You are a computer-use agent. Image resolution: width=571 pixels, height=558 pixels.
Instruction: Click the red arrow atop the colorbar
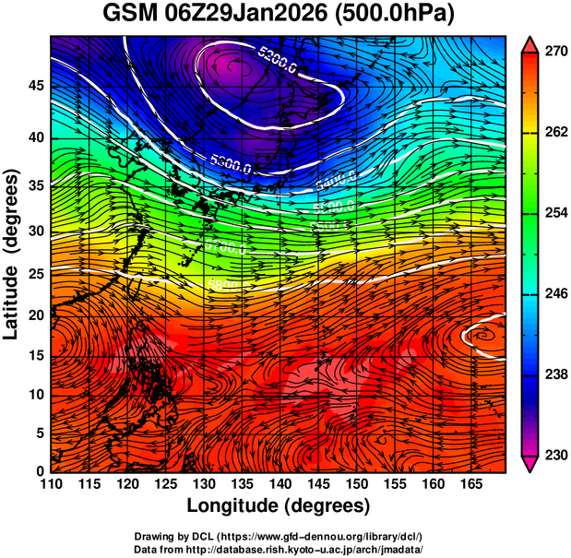[530, 44]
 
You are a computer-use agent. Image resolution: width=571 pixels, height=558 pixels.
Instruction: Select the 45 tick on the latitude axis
[34, 86]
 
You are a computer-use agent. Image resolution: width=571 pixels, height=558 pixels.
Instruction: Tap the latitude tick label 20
[34, 315]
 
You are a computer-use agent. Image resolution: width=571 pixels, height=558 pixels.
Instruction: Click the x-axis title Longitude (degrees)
[278, 505]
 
